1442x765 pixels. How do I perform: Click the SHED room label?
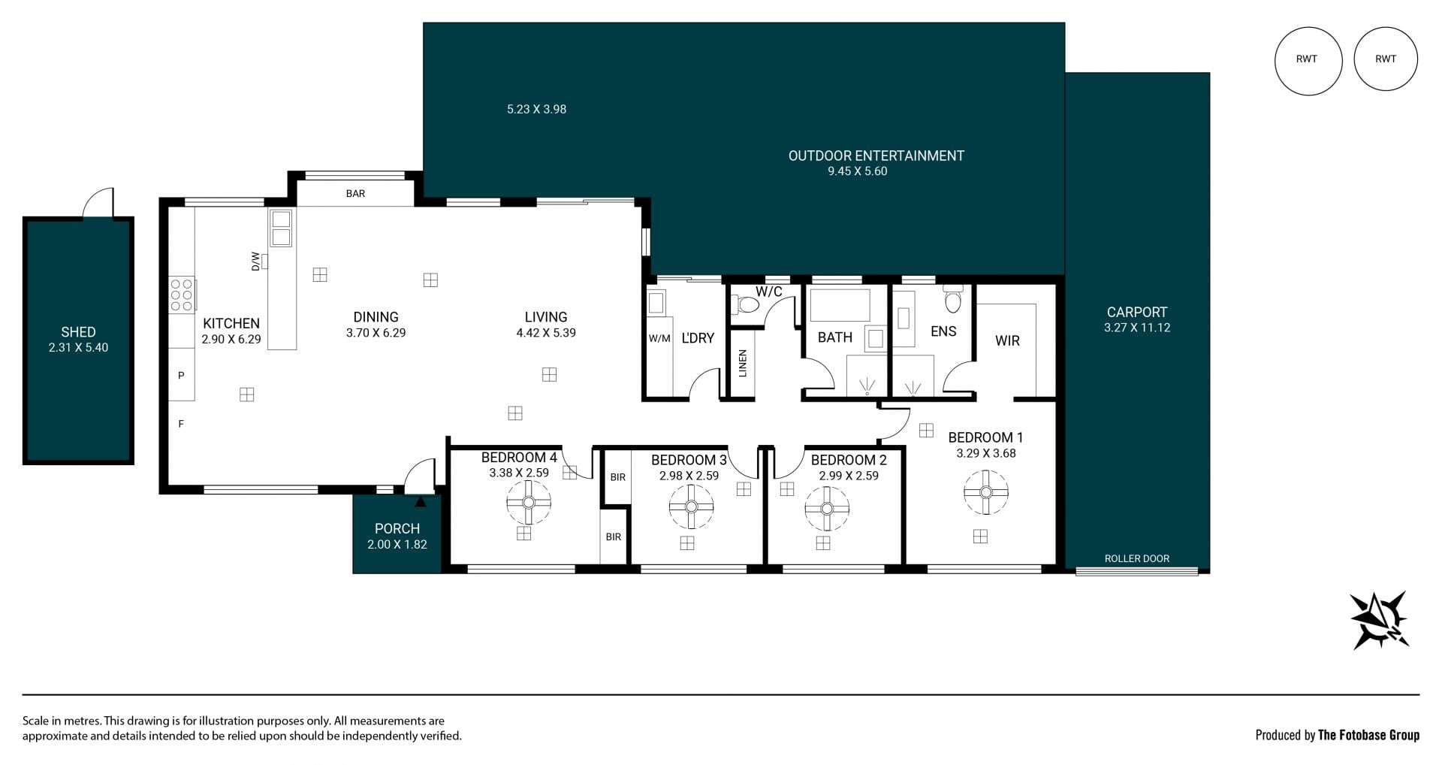(x=78, y=332)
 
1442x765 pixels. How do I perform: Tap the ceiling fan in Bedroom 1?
(x=986, y=493)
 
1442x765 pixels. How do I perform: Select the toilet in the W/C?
(x=746, y=304)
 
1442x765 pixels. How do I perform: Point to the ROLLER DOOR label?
(x=1136, y=558)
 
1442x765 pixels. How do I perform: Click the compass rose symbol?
(x=1380, y=620)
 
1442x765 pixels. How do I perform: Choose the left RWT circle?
(x=1308, y=60)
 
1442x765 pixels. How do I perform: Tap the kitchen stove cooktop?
(x=183, y=294)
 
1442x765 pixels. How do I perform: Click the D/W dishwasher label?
(x=255, y=261)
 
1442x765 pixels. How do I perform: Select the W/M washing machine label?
(x=659, y=339)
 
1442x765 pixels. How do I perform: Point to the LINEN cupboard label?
(x=743, y=364)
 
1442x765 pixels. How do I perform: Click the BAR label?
(x=355, y=194)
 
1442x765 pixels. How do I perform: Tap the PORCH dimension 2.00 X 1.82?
(x=397, y=545)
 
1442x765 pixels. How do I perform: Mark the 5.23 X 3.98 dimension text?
(x=536, y=109)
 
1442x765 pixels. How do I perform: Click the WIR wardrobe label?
(x=1007, y=341)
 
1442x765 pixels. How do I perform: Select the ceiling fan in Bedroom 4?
(x=529, y=503)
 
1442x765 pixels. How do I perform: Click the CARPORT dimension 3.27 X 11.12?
(x=1137, y=328)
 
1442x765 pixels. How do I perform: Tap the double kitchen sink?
(x=281, y=228)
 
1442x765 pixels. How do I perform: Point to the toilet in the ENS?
(x=953, y=300)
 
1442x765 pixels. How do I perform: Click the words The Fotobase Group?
(x=1368, y=735)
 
